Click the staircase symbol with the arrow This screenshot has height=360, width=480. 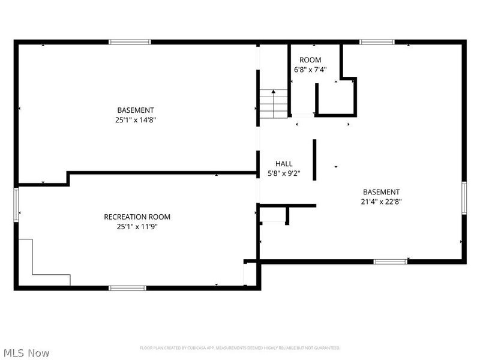coord(274,103)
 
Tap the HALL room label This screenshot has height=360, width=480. coord(284,164)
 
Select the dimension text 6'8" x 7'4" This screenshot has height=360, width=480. coord(310,70)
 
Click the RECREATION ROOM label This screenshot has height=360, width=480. coord(137,217)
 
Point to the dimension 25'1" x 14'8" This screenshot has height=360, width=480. coord(136,119)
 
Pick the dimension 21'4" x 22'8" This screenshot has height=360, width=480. coord(381,202)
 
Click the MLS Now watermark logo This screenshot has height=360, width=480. coord(26,353)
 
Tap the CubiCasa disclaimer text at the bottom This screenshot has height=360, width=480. coord(240,348)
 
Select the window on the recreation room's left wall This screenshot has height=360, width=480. coord(16,205)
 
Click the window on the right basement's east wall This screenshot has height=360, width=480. coord(464,198)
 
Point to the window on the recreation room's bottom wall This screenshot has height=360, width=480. coord(127,288)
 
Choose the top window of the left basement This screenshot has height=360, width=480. coord(130,42)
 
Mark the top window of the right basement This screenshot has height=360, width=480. coord(377,42)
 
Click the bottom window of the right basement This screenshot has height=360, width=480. coord(390,262)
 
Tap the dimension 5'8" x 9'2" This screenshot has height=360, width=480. coord(284,173)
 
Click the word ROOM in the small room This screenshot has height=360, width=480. coord(310,60)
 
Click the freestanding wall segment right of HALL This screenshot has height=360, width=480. coord(314,159)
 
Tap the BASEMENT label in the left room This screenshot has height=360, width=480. coord(136,110)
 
